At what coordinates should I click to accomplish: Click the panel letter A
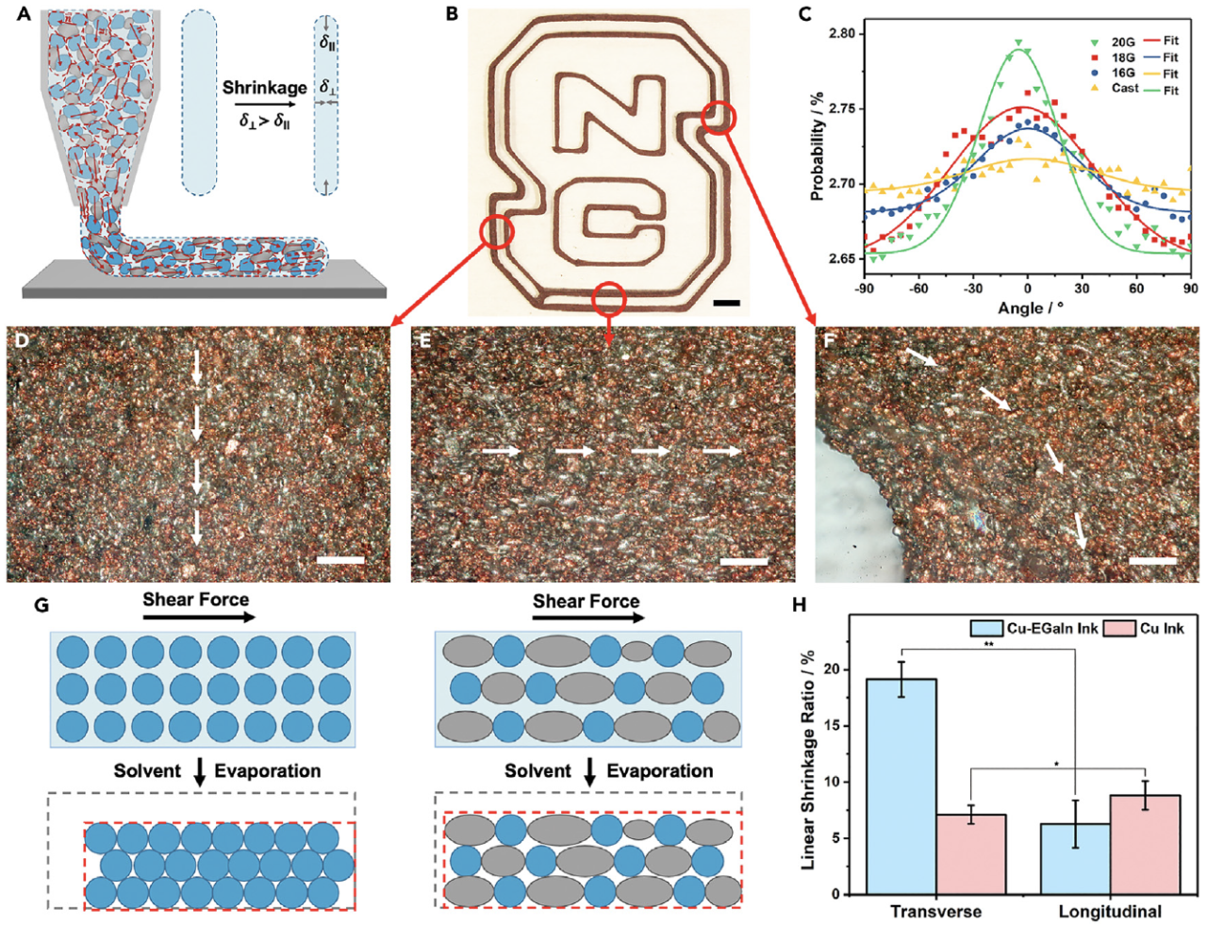25,15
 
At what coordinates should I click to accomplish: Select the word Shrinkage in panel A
265,88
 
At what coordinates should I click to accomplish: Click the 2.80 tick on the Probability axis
841,34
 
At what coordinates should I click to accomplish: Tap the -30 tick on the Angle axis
972,289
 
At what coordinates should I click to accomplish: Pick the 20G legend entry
1122,41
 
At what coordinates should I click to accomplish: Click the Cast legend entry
1125,88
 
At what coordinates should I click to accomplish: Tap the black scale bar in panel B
727,303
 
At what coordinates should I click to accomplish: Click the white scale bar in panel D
341,560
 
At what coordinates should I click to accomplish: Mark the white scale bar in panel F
1152,560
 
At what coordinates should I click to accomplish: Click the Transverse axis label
935,912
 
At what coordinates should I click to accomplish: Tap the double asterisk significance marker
988,645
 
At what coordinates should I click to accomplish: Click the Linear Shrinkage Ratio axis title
808,760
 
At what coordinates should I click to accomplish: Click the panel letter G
41,604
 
